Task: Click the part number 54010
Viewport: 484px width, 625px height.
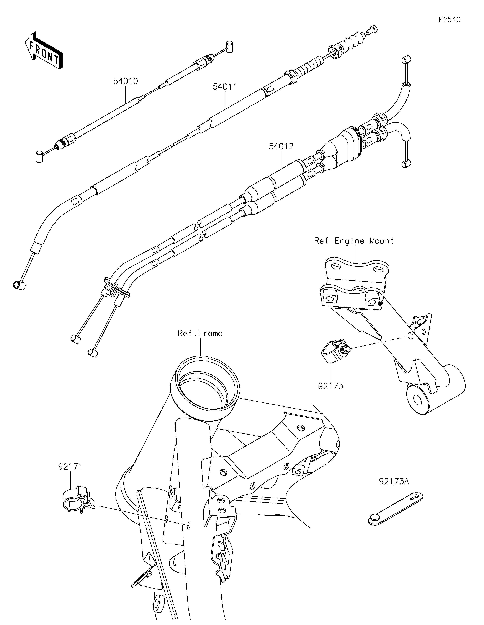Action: pos(126,81)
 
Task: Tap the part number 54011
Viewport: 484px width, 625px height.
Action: pos(225,87)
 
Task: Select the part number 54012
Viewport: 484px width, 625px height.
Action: pos(281,146)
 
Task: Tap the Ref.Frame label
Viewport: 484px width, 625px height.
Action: pos(200,333)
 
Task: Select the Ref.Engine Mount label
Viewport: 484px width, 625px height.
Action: pos(354,241)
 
